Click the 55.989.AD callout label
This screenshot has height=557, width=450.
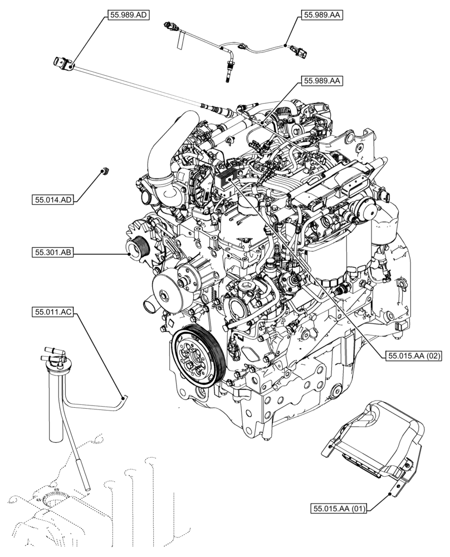[126, 16]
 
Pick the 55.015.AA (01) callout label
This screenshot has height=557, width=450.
[338, 508]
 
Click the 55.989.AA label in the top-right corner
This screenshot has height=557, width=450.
[321, 16]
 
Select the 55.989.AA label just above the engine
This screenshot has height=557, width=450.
[321, 81]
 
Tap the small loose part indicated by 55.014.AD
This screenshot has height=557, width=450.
[103, 171]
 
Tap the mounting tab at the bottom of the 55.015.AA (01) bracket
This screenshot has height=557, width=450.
[397, 490]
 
